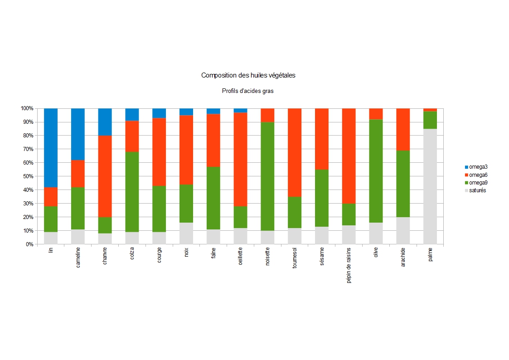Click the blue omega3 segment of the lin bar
click(x=50, y=147)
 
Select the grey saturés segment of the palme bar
click(x=430, y=186)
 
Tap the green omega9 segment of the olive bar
click(x=376, y=171)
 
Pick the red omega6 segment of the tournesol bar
click(x=295, y=152)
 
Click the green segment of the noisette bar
click(x=267, y=176)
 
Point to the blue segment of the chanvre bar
click(x=105, y=122)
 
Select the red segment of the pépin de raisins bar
click(x=349, y=156)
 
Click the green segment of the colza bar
click(x=132, y=192)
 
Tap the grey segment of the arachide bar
click(x=403, y=230)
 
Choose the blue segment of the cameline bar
click(x=78, y=134)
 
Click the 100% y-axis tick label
click(x=26, y=108)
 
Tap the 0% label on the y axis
click(x=29, y=244)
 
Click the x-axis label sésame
click(x=322, y=257)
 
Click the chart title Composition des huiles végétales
click(x=248, y=75)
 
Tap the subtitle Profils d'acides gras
click(x=247, y=91)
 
